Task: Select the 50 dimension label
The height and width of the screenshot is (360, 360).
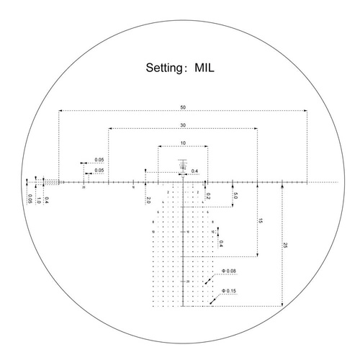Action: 184,107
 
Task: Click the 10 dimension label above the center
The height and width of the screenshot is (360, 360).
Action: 184,143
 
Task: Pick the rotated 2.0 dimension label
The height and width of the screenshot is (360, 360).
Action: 148,198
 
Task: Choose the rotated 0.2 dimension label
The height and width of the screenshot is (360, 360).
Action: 207,195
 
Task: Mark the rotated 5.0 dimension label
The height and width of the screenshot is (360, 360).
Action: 236,196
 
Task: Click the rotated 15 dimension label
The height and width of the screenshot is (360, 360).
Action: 261,221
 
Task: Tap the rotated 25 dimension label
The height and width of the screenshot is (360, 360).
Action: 285,246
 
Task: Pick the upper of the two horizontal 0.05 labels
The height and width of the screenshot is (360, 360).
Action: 99,159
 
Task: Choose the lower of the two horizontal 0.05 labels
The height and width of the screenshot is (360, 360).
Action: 99,170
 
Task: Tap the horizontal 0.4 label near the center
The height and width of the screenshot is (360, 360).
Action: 195,171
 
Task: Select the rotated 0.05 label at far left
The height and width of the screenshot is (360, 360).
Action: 30,199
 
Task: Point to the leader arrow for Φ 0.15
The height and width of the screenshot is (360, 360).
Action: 214,298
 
